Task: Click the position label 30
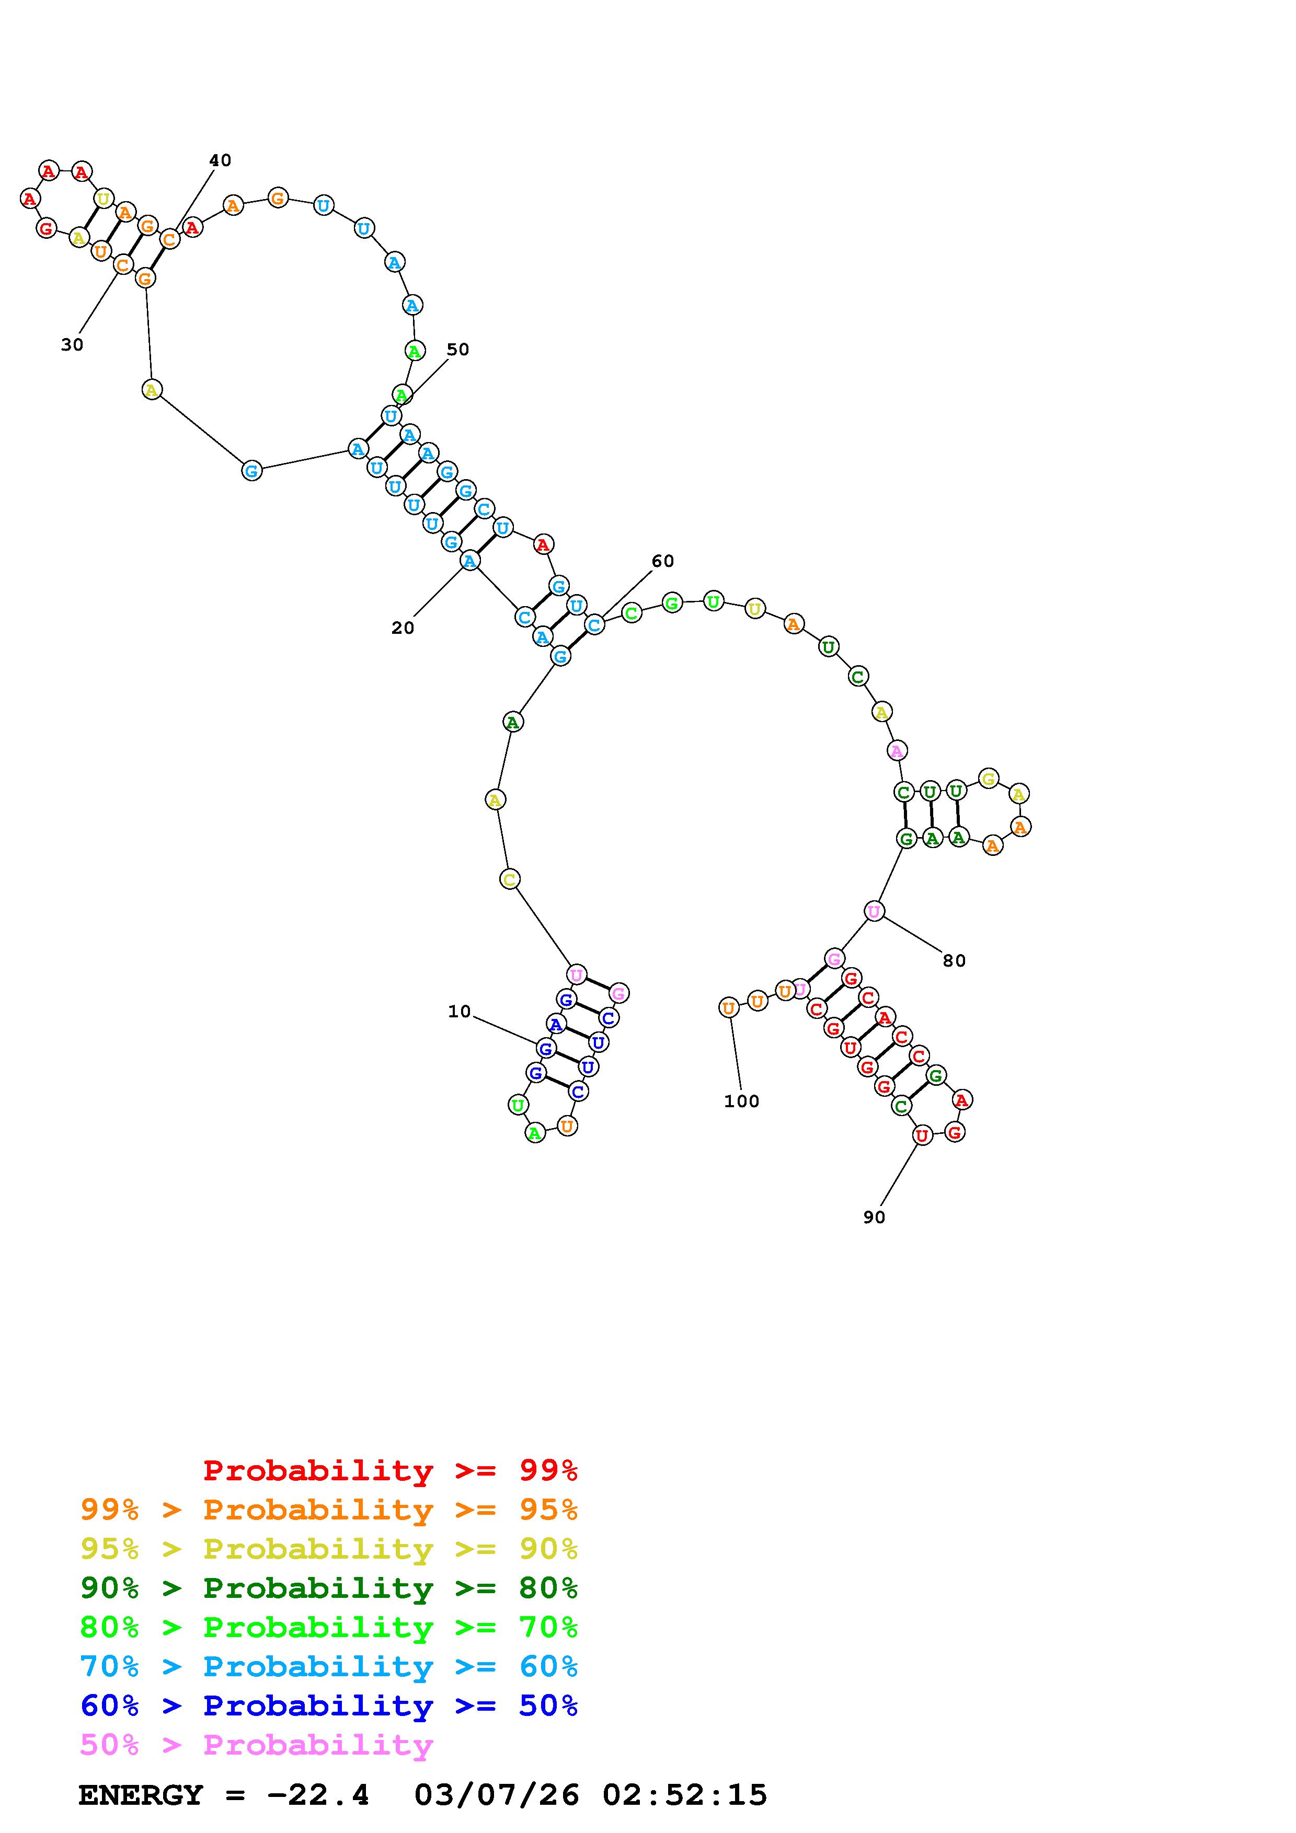[x=72, y=345]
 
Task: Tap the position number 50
[x=457, y=350]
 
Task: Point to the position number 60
[x=663, y=561]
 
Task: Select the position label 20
[x=403, y=628]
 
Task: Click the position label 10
[x=459, y=1012]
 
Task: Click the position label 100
[x=741, y=1101]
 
